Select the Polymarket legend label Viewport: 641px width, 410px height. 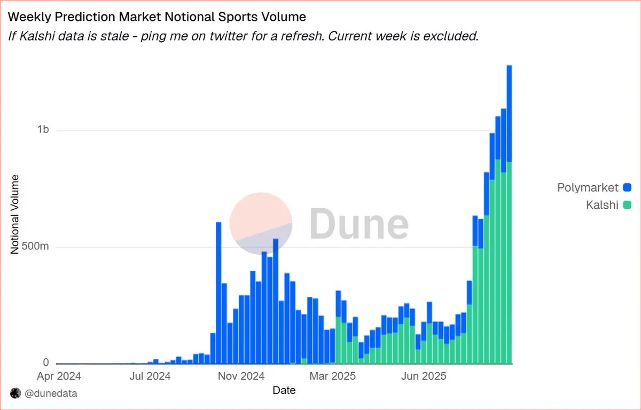[588, 187]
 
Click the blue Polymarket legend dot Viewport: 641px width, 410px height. [627, 187]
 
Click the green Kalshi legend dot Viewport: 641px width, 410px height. [627, 204]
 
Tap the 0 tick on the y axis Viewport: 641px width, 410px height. [46, 363]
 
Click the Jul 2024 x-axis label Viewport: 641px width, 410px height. [150, 376]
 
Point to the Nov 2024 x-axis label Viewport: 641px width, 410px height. [241, 376]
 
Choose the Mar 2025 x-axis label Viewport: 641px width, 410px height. [333, 376]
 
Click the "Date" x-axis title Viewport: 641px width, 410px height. [284, 390]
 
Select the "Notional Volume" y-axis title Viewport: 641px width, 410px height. [15, 214]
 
